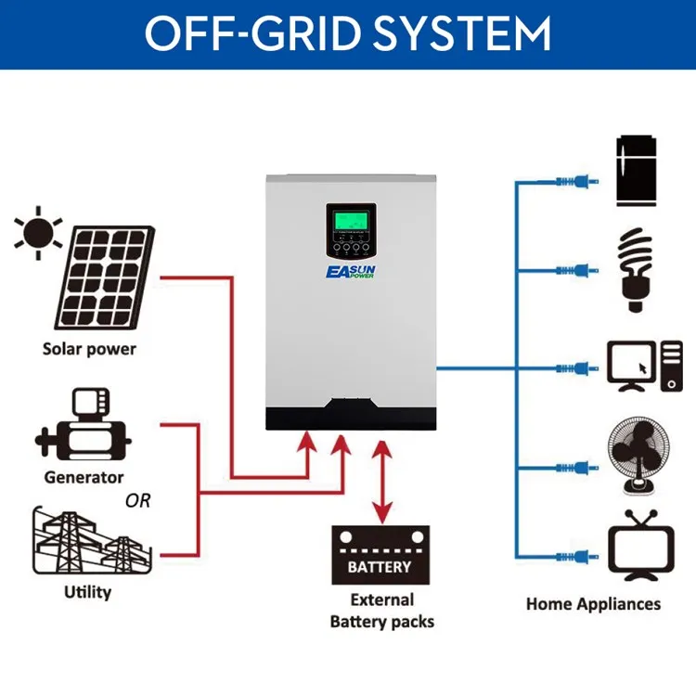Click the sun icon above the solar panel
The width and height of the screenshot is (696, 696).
click(38, 233)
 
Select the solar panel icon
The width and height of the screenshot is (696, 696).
click(105, 277)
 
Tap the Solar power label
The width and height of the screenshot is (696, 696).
click(89, 349)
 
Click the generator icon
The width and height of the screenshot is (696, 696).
click(83, 424)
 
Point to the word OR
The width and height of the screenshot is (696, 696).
click(137, 501)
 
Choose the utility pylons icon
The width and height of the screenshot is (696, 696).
click(92, 540)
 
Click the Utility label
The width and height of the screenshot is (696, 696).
click(88, 592)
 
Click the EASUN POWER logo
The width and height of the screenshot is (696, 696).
click(351, 272)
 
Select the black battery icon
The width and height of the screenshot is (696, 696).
click(380, 555)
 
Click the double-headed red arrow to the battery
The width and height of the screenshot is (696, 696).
click(381, 482)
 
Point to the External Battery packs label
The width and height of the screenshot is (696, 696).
click(382, 611)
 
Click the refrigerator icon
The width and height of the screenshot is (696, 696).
click(636, 171)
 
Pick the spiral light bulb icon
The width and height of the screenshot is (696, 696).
click(635, 269)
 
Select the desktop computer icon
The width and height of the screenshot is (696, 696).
click(645, 367)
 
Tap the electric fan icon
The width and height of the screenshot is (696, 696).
click(638, 456)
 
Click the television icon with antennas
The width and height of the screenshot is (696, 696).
click(641, 546)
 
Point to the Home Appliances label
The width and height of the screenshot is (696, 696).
click(594, 604)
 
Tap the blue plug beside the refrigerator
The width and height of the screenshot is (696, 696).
click(577, 181)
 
